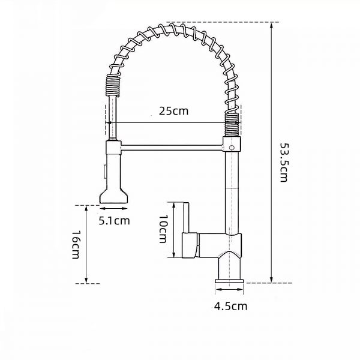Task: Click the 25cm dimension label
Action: (173, 111)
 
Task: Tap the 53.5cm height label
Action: (284, 163)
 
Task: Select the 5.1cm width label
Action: (115, 221)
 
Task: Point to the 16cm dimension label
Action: (76, 245)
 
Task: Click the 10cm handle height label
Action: (163, 229)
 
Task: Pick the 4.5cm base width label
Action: (230, 306)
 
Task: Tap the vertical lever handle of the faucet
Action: (186, 218)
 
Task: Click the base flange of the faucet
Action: (229, 281)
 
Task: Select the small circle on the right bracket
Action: (232, 148)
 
